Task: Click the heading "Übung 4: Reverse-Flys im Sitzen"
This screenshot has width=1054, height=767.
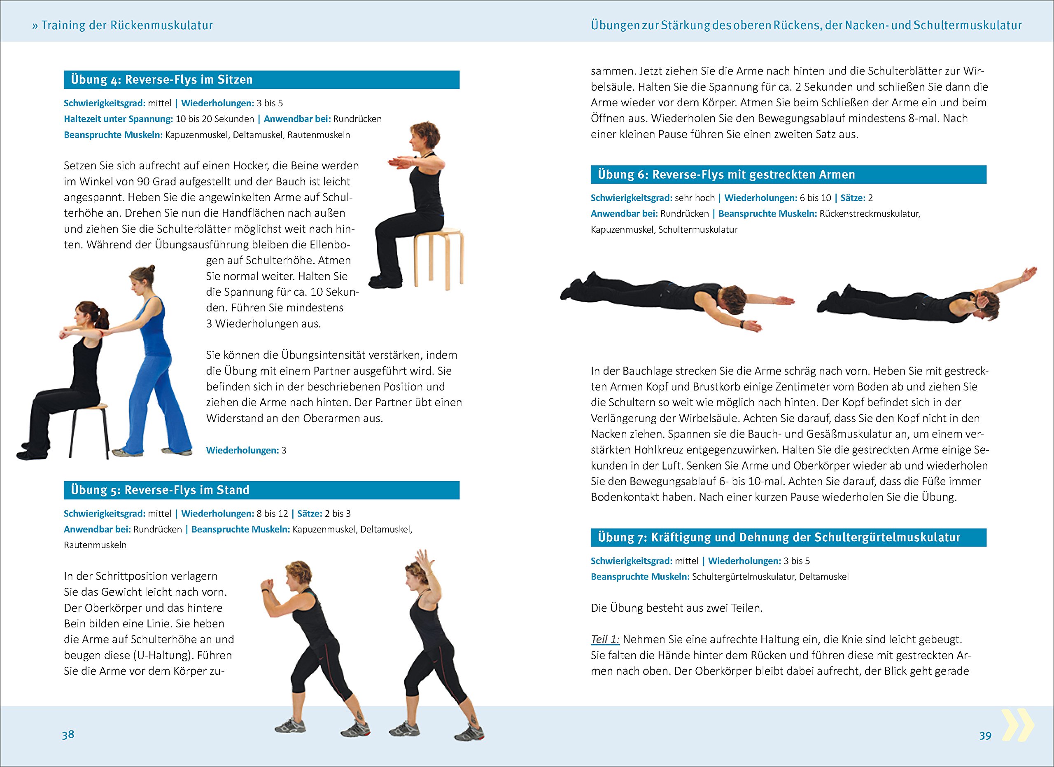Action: point(162,80)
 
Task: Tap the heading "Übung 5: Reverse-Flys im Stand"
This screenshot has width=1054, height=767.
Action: point(160,490)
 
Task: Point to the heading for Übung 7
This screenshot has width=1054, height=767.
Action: point(779,538)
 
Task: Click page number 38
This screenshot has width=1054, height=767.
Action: point(68,734)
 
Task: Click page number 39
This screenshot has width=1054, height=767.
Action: point(985,735)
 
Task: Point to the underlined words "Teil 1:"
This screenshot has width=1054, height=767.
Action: point(605,639)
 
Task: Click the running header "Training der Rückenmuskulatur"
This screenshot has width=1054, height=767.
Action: point(127,25)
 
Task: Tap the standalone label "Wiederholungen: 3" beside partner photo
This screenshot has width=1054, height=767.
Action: point(246,450)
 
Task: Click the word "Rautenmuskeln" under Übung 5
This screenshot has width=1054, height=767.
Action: point(95,545)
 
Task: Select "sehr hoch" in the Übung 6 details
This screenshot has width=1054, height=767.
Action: point(695,198)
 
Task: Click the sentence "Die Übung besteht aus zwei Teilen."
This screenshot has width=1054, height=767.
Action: point(676,608)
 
